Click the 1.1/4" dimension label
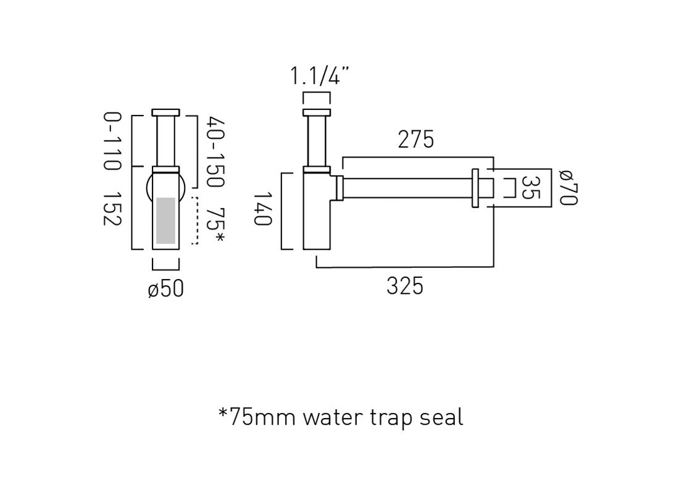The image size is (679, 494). click(x=320, y=77)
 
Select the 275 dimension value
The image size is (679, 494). click(x=415, y=140)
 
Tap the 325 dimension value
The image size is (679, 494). click(x=405, y=286)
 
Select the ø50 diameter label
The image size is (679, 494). click(x=165, y=288)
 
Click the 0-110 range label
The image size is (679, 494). click(x=112, y=141)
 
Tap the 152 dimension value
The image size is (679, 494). click(x=112, y=208)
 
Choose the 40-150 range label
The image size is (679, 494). click(x=215, y=152)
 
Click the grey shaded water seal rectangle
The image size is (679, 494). click(x=165, y=220)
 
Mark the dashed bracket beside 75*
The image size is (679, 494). click(x=196, y=221)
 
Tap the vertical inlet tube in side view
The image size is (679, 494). click(x=317, y=141)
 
